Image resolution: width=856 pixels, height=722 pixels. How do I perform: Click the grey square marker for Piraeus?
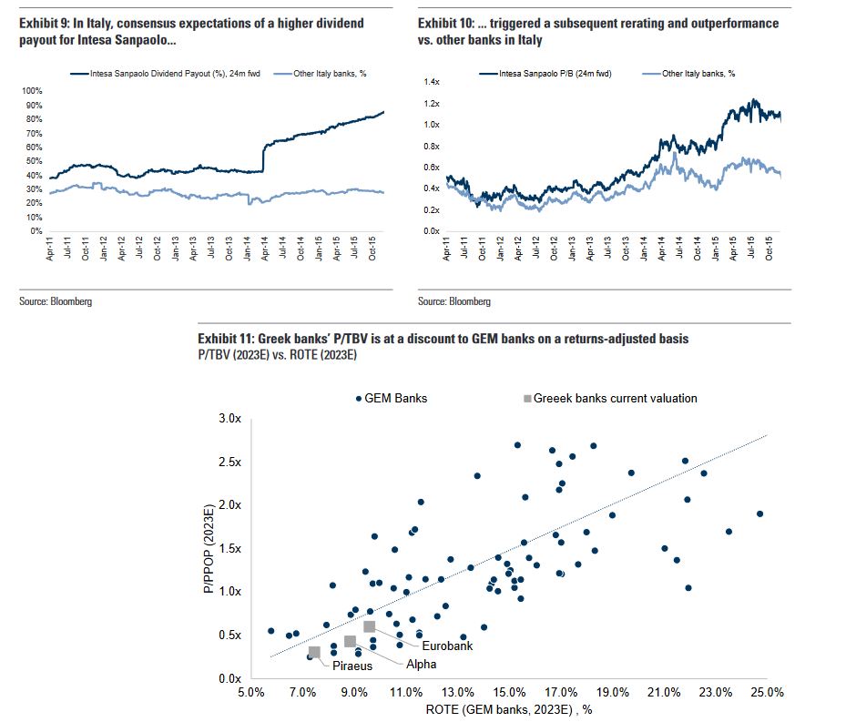coord(314,652)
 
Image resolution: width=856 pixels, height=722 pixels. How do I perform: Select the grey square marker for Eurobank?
coord(369,626)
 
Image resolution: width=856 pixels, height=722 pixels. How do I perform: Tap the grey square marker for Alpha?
coord(350,641)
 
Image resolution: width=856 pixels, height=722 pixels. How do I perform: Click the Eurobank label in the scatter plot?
coord(421,646)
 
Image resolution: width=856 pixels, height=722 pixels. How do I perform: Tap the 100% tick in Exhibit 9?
coord(31,91)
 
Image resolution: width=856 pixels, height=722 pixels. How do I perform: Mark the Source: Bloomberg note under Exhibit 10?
coord(453,301)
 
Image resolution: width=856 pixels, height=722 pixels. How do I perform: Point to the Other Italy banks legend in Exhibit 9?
coord(327,73)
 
